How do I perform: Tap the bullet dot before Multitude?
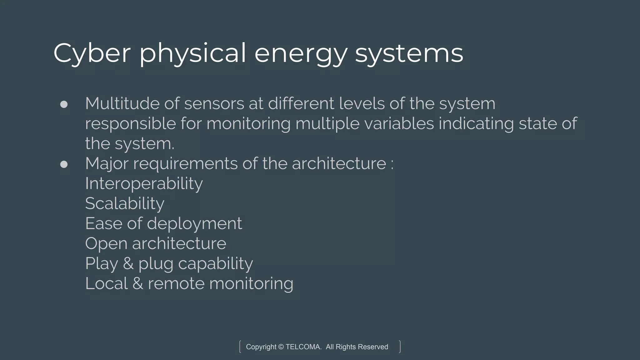(64, 104)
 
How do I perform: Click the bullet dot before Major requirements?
(64, 164)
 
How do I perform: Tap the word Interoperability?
(144, 183)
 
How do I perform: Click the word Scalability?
(124, 203)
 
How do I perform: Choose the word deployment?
(194, 224)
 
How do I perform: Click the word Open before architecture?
(106, 244)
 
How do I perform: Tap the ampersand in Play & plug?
(128, 263)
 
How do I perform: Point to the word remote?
(176, 283)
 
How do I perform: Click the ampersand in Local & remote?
(138, 283)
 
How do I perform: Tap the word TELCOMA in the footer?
(303, 347)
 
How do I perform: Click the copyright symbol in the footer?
(281, 347)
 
